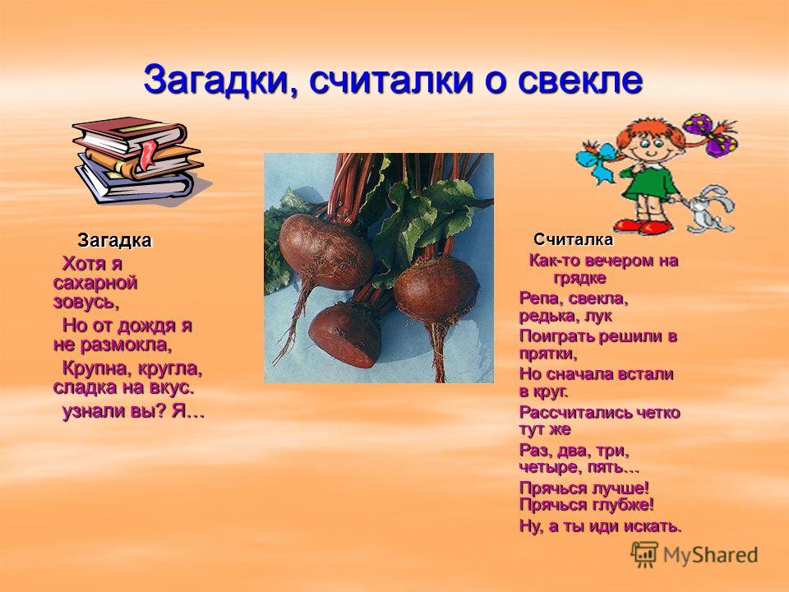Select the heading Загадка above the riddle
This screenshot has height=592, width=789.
click(x=114, y=241)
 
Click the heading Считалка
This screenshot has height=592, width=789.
click(x=573, y=239)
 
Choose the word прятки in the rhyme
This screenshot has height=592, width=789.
click(x=548, y=354)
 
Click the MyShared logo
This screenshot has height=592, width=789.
click(x=694, y=555)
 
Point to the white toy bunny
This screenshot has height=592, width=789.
click(x=708, y=208)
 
